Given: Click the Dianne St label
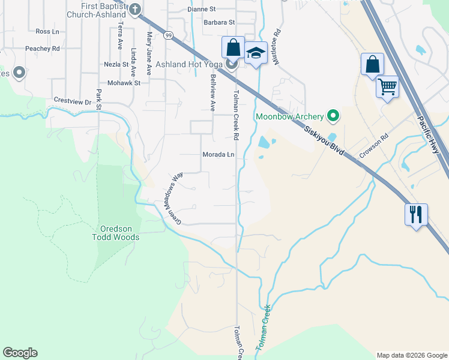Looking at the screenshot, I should [201, 10].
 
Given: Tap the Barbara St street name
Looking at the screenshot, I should [202, 22].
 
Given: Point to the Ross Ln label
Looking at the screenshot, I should [47, 31].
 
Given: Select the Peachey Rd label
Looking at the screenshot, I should [42, 48].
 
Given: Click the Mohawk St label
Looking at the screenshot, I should [124, 83].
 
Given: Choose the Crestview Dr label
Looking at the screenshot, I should [72, 102].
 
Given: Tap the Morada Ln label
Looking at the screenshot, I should [217, 154].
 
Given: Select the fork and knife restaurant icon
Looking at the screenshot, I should [415, 213].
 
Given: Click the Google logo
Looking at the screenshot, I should [20, 353].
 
